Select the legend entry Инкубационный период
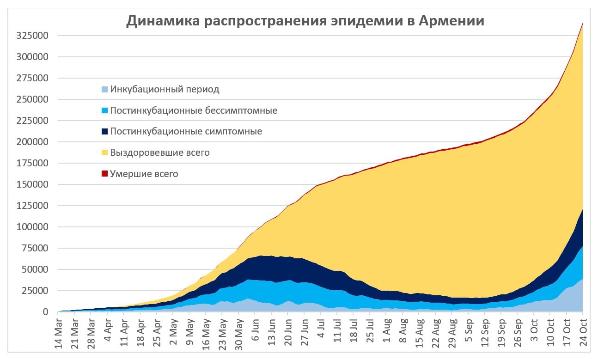click(x=165, y=89)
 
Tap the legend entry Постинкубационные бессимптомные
click(x=194, y=110)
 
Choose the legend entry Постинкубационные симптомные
click(x=186, y=132)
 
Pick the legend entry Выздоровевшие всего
click(x=159, y=153)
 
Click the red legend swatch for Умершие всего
click(x=105, y=174)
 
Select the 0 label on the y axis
click(x=45, y=312)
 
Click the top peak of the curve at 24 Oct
click(x=582, y=23)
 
